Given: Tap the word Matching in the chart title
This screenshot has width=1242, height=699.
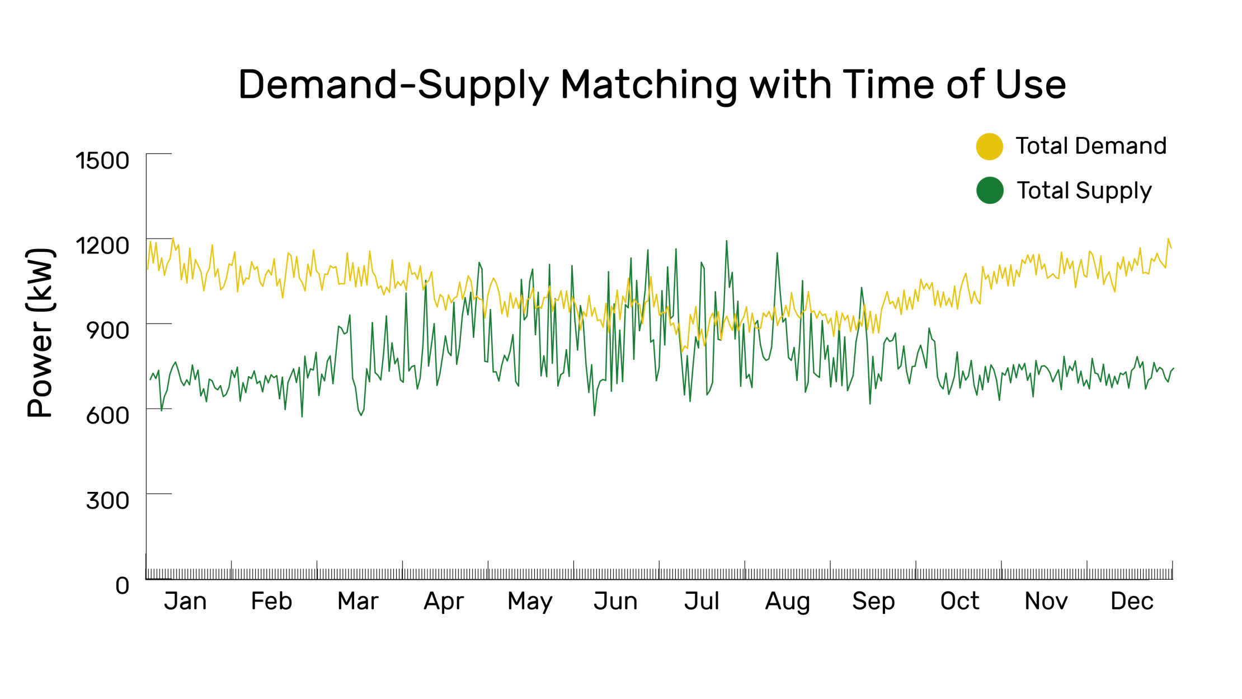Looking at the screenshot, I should click(x=649, y=86).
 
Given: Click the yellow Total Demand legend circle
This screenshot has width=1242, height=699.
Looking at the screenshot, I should click(x=989, y=147).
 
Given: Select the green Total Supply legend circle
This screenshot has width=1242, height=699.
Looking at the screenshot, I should click(x=989, y=190).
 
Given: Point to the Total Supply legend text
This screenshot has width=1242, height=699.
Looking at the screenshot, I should click(x=1084, y=191).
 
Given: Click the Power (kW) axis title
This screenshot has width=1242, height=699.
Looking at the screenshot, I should click(x=40, y=333).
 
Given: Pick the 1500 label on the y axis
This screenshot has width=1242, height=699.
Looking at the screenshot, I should click(x=102, y=161).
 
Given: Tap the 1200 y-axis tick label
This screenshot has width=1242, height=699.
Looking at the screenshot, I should click(x=102, y=246).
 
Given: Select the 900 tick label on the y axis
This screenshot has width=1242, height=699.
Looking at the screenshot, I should click(x=107, y=331).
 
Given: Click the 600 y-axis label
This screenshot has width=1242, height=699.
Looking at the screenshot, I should click(x=107, y=416).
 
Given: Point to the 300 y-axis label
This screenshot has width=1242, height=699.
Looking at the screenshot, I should click(x=107, y=501).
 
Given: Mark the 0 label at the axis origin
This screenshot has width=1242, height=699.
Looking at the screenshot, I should click(x=123, y=586).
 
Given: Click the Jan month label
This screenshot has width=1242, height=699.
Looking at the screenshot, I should click(x=185, y=602).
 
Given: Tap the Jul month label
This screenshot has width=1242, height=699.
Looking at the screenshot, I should click(x=702, y=602).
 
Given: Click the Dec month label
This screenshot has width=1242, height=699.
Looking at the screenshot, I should click(x=1132, y=602).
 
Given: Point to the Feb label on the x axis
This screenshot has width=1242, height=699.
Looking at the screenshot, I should click(x=271, y=602).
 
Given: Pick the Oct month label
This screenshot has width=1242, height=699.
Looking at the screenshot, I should click(x=959, y=602).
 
